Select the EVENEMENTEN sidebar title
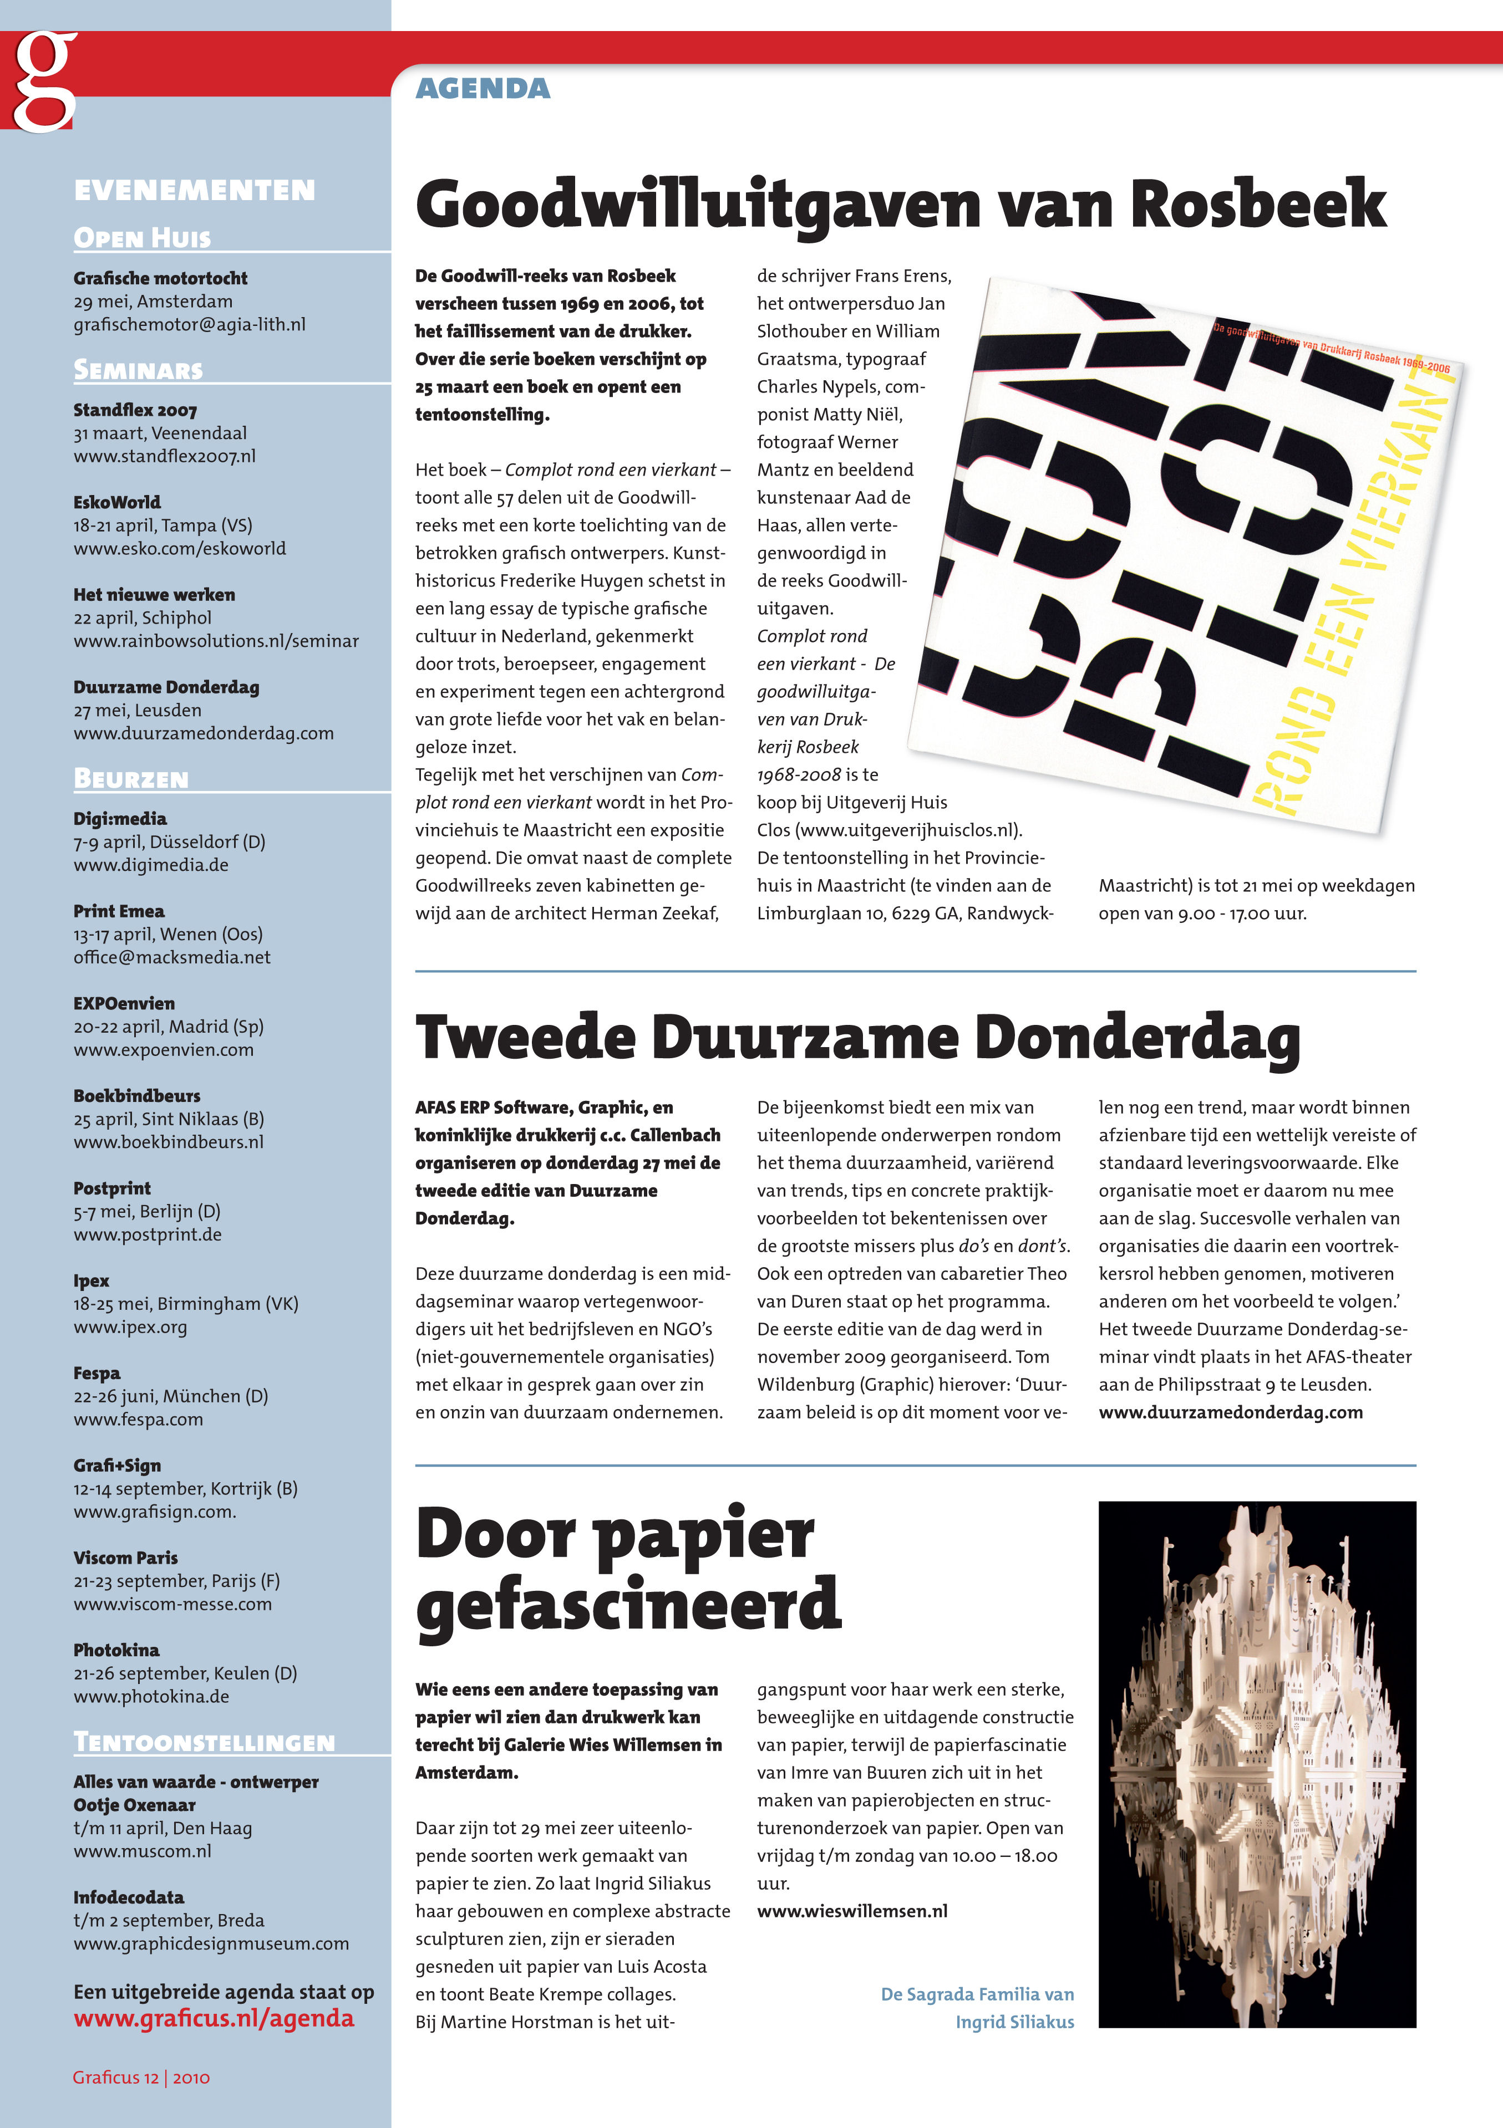tap(195, 190)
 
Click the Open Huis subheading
tap(142, 238)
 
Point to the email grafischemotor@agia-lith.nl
tap(189, 324)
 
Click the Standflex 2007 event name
tap(135, 410)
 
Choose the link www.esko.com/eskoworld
tap(180, 548)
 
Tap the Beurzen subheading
tap(131, 779)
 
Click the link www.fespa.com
tap(138, 1419)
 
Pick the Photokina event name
tap(116, 1650)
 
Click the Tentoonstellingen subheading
tap(204, 1742)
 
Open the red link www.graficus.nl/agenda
tap(214, 2019)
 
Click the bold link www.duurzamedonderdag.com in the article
tap(1230, 1412)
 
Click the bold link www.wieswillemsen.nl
tap(852, 1911)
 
